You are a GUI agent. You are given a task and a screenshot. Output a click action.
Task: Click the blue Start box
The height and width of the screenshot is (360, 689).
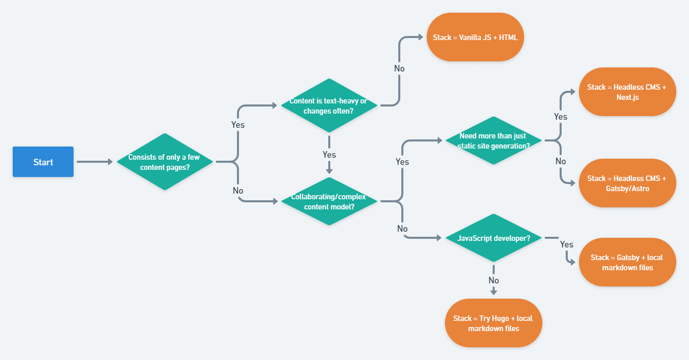pos(43,162)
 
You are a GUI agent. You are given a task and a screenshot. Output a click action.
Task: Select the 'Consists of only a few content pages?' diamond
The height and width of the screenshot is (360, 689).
pos(164,162)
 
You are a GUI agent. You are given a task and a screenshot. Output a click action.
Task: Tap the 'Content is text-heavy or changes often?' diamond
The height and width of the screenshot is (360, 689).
pos(329,106)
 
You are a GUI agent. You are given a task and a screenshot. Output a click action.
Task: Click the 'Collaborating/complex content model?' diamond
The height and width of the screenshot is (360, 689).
pos(329,201)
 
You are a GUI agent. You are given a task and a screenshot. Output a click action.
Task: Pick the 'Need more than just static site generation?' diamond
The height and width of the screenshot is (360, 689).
pos(493,140)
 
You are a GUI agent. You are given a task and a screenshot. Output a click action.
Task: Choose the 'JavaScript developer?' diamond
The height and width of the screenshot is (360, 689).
pos(493,238)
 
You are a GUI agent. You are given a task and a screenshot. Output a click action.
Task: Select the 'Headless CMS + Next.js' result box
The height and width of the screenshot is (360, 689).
pos(627,92)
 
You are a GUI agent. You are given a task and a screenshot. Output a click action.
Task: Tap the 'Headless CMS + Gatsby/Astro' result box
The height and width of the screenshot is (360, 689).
pos(627,183)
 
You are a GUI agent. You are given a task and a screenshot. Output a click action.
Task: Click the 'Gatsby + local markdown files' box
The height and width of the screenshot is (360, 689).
pos(627,262)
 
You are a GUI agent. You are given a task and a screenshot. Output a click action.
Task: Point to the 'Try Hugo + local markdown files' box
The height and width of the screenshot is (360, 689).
pos(493,323)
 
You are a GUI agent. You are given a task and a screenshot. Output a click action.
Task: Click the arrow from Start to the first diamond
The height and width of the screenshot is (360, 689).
pos(94,162)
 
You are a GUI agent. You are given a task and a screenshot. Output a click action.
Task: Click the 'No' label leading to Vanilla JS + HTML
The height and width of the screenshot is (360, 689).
pos(399,68)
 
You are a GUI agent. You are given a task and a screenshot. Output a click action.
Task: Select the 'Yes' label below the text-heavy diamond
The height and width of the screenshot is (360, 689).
pos(329,154)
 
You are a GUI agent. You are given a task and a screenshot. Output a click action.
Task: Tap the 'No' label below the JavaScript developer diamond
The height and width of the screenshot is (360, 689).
pos(493,280)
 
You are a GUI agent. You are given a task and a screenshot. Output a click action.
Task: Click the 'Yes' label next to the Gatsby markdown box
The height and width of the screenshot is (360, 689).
pos(567,244)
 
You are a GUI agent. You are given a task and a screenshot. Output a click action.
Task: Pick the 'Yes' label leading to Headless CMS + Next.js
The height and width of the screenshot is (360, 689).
pos(561,117)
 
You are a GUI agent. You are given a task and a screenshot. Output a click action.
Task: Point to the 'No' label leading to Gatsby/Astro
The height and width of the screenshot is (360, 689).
pos(561,161)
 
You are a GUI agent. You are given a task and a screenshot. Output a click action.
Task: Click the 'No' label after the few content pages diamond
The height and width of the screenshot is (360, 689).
pos(238,191)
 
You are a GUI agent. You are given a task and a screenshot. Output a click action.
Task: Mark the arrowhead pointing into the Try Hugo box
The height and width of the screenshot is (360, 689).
pos(493,292)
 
